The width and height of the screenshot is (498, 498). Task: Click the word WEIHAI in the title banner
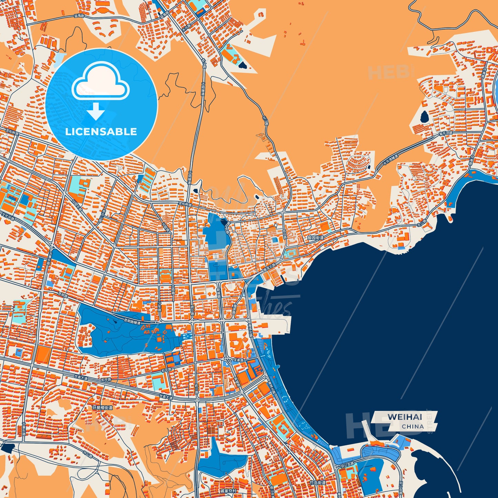point(405,417)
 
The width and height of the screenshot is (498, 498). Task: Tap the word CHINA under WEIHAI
point(413,426)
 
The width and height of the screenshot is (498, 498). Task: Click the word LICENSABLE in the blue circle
point(101,132)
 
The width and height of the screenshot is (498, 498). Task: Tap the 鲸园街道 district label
point(316,238)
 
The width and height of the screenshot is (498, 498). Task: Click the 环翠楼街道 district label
point(102,408)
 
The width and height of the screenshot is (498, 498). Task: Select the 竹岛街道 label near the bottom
point(317,483)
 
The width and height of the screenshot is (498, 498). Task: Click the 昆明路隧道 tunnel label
point(132,322)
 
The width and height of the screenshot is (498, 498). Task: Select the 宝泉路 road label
point(238,360)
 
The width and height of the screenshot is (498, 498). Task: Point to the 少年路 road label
point(159,306)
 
